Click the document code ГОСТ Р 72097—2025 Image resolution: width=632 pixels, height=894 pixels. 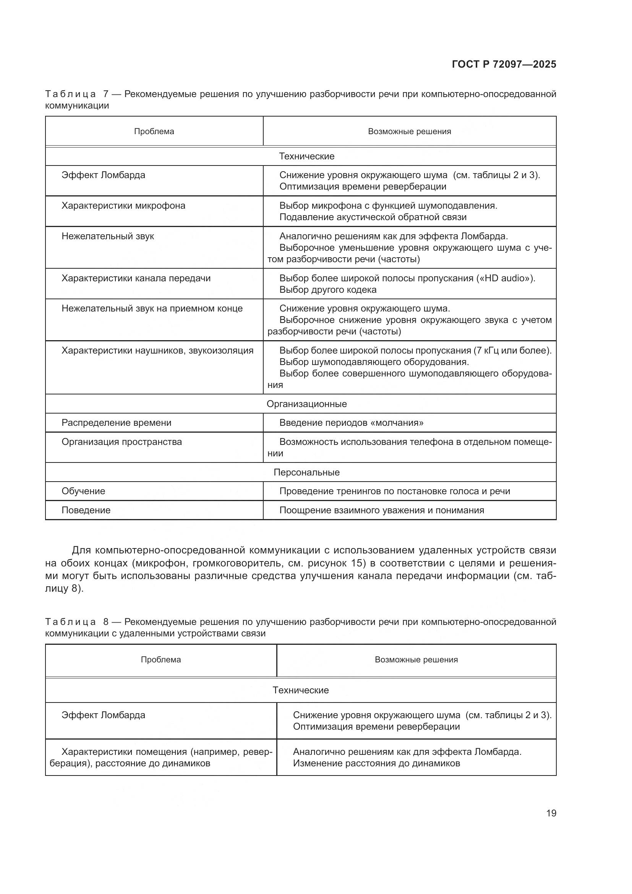504,65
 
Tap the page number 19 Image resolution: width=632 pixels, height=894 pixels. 551,813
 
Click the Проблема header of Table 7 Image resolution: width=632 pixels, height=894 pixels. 154,131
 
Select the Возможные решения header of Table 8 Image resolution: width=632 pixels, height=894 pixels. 416,660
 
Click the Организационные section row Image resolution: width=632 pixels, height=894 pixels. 307,404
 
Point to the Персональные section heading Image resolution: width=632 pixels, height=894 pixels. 307,472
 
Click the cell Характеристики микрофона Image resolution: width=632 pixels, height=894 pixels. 123,206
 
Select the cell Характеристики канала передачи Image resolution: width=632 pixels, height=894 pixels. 136,278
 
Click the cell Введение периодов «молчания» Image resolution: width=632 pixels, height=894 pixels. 352,423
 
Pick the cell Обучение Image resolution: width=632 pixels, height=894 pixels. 83,491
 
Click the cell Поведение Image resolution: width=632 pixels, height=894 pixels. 86,510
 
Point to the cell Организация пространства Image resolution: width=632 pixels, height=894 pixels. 122,442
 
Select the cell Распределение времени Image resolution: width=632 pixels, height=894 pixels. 117,423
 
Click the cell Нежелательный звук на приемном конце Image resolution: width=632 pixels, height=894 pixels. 152,309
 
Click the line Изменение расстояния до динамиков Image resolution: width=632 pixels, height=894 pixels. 376,763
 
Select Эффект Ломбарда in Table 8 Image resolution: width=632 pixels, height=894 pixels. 103,715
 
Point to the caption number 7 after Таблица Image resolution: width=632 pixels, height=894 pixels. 105,94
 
